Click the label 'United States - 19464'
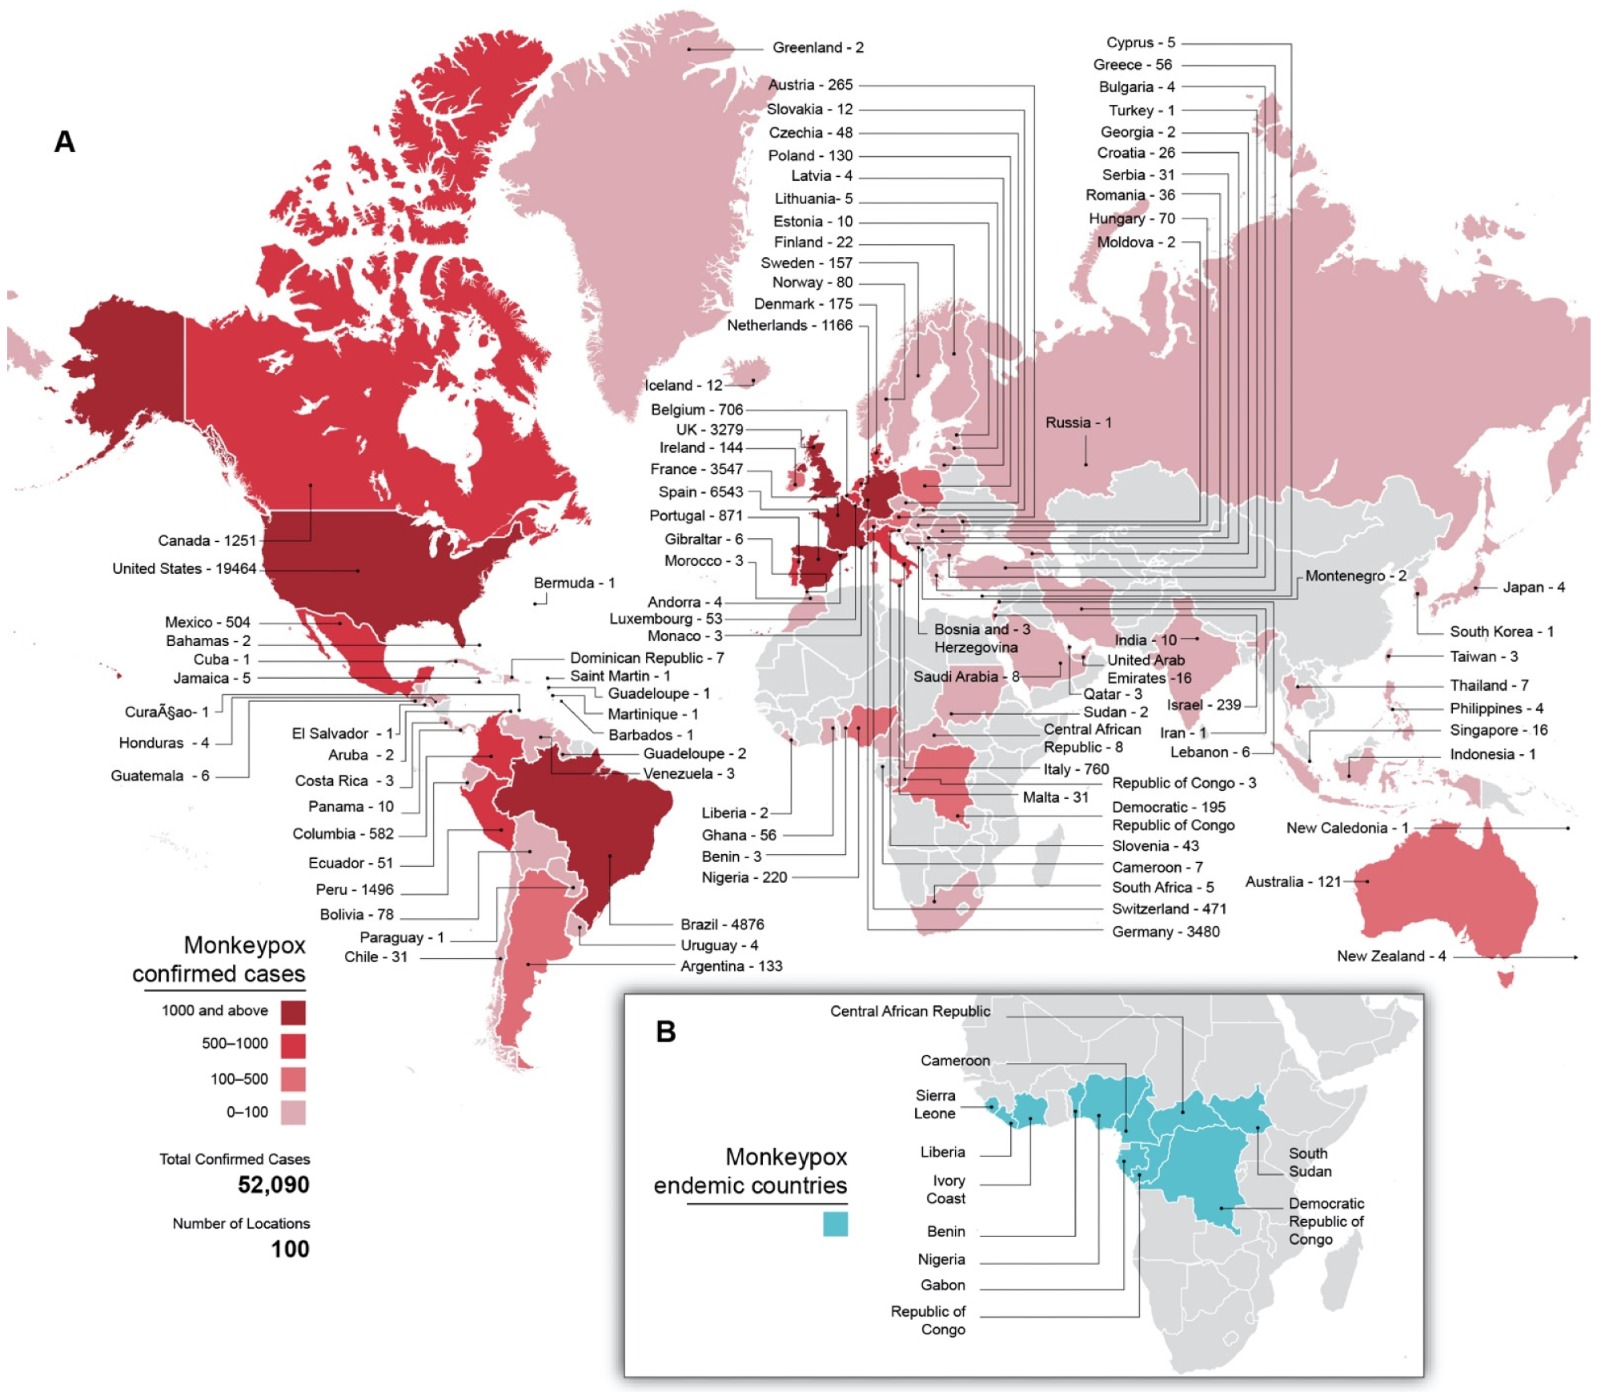pyautogui.click(x=184, y=568)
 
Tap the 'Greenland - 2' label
pyautogui.click(x=817, y=48)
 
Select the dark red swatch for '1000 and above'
pyautogui.click(x=293, y=1012)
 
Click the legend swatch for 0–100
pyautogui.click(x=293, y=1113)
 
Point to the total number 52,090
pyautogui.click(x=273, y=1185)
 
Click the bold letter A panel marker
pyautogui.click(x=65, y=142)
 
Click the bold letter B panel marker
pyautogui.click(x=666, y=1032)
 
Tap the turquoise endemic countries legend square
pyautogui.click(x=835, y=1224)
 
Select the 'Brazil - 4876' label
pyautogui.click(x=722, y=925)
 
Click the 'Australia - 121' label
pyautogui.click(x=1293, y=881)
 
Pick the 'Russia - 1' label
pyautogui.click(x=1078, y=423)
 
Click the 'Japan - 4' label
pyautogui.click(x=1533, y=588)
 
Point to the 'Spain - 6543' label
pyautogui.click(x=700, y=492)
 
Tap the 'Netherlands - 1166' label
pyautogui.click(x=789, y=326)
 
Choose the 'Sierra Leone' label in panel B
pyautogui.click(x=935, y=1105)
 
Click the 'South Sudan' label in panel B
pyautogui.click(x=1310, y=1162)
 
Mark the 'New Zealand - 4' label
pyautogui.click(x=1390, y=957)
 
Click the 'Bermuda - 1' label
pyautogui.click(x=574, y=584)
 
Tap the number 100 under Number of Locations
pyautogui.click(x=290, y=1249)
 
